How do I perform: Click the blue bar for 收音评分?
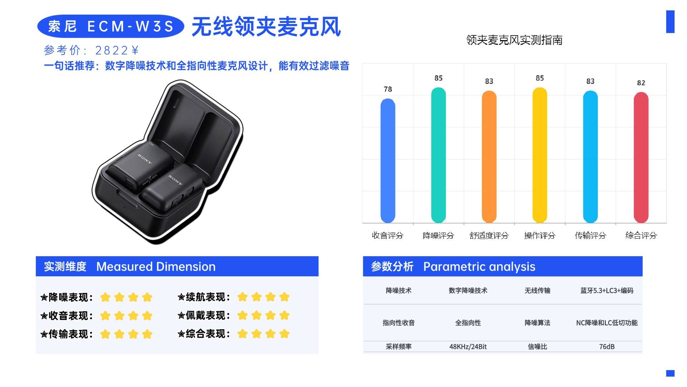click(x=388, y=161)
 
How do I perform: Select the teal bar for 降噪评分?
click(x=438, y=155)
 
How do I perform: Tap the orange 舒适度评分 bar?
click(x=489, y=157)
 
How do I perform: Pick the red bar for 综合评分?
click(x=641, y=157)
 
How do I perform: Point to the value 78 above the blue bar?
click(x=388, y=89)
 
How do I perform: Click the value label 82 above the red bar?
click(x=641, y=83)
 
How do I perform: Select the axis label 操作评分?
click(x=540, y=235)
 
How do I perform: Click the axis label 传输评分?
click(x=590, y=235)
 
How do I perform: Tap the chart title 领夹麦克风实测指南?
click(x=514, y=40)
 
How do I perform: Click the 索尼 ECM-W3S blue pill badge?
click(x=111, y=26)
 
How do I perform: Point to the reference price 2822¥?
click(x=117, y=51)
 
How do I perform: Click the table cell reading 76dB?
click(x=607, y=347)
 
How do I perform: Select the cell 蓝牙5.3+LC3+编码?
click(x=607, y=291)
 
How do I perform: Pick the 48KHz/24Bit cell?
click(x=468, y=347)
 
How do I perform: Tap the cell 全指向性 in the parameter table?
click(x=468, y=323)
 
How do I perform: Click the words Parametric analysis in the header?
click(x=479, y=267)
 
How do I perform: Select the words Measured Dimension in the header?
click(x=156, y=267)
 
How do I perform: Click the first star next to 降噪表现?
click(x=105, y=297)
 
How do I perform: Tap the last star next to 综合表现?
click(x=284, y=334)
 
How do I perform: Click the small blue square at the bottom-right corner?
click(x=670, y=373)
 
